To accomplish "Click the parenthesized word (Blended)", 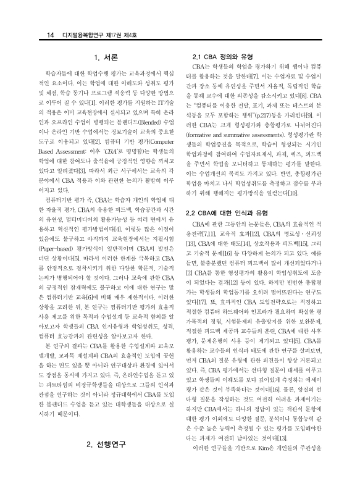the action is click(x=134, y=114).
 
